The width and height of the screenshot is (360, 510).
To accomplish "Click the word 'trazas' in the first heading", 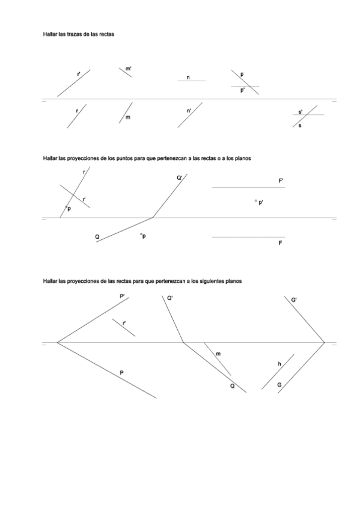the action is click(71, 34).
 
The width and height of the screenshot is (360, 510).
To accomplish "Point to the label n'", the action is click(189, 111).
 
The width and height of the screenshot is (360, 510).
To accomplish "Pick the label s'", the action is click(301, 112).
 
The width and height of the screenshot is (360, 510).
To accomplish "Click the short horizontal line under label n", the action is click(192, 81).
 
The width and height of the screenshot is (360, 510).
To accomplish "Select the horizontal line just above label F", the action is click(248, 237).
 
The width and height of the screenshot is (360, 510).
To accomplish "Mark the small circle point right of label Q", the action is click(141, 235).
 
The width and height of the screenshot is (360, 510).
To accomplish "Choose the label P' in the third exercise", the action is click(123, 296).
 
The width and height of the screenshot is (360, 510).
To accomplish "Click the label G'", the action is click(294, 300).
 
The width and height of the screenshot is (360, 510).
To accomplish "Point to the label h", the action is click(279, 364).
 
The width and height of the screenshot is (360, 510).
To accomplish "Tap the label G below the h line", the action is click(279, 384).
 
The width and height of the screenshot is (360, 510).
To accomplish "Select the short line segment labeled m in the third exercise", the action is click(217, 359).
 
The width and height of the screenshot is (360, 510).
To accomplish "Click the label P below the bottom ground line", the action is click(121, 373).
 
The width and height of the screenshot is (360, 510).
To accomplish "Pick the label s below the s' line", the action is click(300, 125).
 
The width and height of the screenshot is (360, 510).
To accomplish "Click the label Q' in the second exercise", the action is click(180, 178).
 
